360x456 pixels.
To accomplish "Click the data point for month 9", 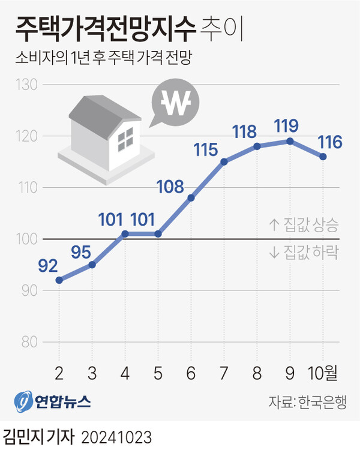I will click(x=290, y=141).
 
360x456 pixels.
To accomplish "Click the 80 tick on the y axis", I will click(x=29, y=343).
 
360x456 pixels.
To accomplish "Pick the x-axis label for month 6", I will click(x=191, y=374).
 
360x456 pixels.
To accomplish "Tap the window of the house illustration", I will click(x=125, y=141).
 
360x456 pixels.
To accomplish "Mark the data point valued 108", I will click(x=191, y=197).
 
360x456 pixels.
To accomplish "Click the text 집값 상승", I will click(x=304, y=226).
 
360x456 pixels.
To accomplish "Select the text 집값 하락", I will click(x=304, y=253).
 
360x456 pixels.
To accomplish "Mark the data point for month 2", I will click(x=59, y=280).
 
